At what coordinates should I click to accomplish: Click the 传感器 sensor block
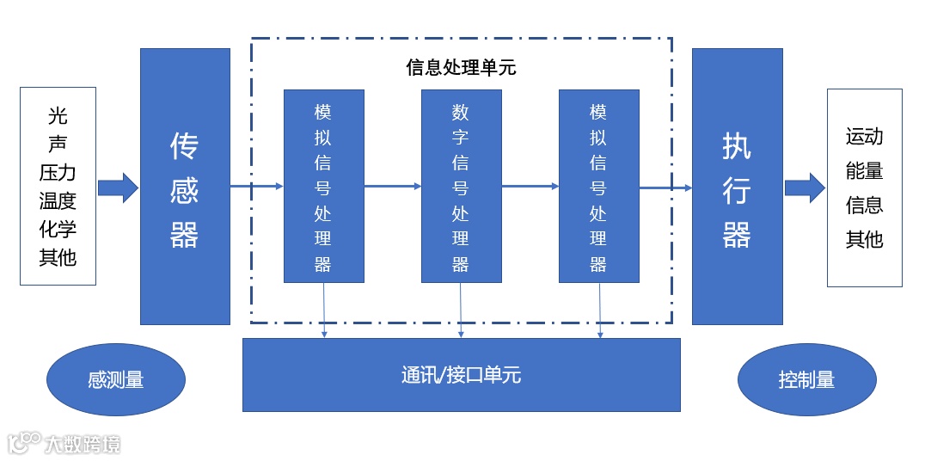pyautogui.click(x=185, y=186)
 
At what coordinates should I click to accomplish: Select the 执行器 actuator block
pyautogui.click(x=737, y=186)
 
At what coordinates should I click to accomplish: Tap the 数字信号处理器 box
pyautogui.click(x=461, y=186)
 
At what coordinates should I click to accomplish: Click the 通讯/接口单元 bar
pyautogui.click(x=461, y=375)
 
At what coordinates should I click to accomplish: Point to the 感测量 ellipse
pyautogui.click(x=115, y=379)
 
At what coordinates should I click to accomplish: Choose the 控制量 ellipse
pyautogui.click(x=806, y=379)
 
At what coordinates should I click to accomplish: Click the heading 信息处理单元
pyautogui.click(x=461, y=68)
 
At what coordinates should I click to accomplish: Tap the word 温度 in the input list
pyautogui.click(x=58, y=201)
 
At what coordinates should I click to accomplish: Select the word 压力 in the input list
pyautogui.click(x=58, y=173)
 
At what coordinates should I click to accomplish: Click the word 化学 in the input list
pyautogui.click(x=58, y=230)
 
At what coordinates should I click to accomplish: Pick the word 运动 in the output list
pyautogui.click(x=864, y=137)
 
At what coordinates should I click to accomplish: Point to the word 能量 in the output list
pyautogui.click(x=864, y=170)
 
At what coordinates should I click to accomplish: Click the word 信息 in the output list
pyautogui.click(x=864, y=205)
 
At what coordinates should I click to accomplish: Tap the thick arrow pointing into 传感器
pyautogui.click(x=118, y=187)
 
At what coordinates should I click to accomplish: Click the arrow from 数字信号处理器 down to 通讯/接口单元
pyautogui.click(x=461, y=310)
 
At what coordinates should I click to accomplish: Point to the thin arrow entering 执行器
pyautogui.click(x=665, y=187)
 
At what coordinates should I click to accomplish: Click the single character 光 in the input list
pyautogui.click(x=58, y=116)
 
